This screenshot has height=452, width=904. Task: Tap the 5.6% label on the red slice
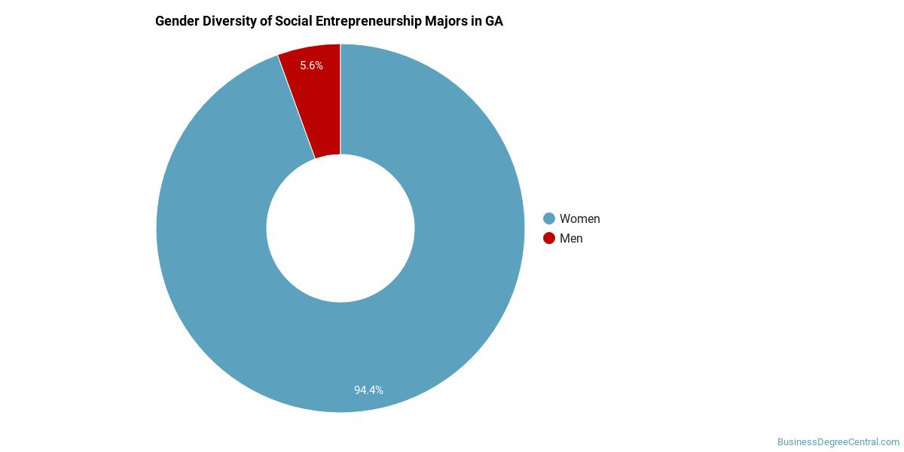[x=311, y=66]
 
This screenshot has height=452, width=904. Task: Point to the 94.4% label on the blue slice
[x=368, y=390]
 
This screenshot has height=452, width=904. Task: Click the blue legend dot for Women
[x=549, y=218]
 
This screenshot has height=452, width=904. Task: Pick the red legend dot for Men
[x=549, y=238]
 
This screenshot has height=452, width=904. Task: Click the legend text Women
[x=579, y=218]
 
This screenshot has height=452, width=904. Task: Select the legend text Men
[x=571, y=238]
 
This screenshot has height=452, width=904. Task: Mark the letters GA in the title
[x=493, y=21]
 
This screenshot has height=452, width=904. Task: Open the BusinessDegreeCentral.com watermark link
[x=838, y=442]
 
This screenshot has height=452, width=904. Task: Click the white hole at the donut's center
[x=341, y=228]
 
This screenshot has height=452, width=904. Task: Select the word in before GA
[x=475, y=21]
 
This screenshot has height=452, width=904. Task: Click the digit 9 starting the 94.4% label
[x=358, y=390]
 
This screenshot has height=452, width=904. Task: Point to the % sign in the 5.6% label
[x=319, y=66]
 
